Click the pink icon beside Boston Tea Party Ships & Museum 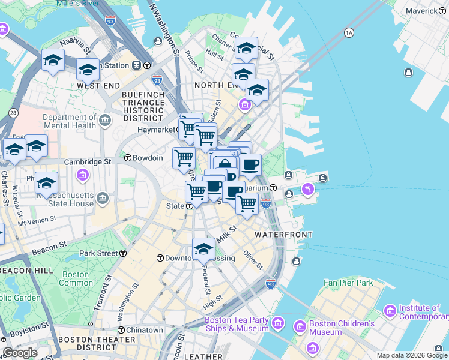click(277, 324)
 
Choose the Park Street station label click(98, 253)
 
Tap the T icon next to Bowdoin click(128, 158)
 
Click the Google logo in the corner click(20, 353)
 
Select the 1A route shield click(349, 33)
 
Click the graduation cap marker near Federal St click(203, 248)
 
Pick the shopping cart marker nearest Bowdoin click(184, 158)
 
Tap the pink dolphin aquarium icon click(309, 190)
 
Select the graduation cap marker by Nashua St click(53, 60)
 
